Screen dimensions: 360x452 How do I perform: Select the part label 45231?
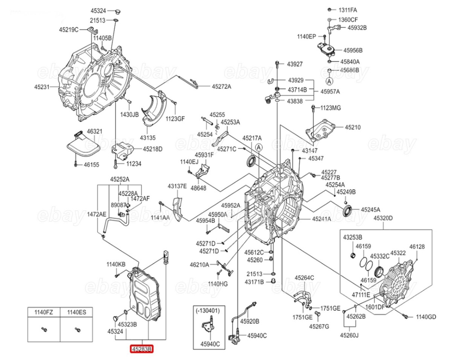pos(42,87)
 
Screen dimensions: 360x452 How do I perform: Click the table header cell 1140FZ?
pos(44,312)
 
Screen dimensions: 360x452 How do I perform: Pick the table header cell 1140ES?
pos(76,312)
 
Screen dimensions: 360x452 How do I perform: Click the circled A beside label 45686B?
pos(329,81)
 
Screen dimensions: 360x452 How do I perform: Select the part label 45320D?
pos(383,218)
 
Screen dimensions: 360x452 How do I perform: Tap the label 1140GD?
pos(426,317)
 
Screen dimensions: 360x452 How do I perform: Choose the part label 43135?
pos(148,138)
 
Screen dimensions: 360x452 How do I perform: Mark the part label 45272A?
pos(221,87)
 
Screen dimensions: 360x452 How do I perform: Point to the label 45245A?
pos(371,210)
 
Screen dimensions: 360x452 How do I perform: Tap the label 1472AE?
pos(96,214)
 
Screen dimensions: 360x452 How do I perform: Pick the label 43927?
pos(295,64)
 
